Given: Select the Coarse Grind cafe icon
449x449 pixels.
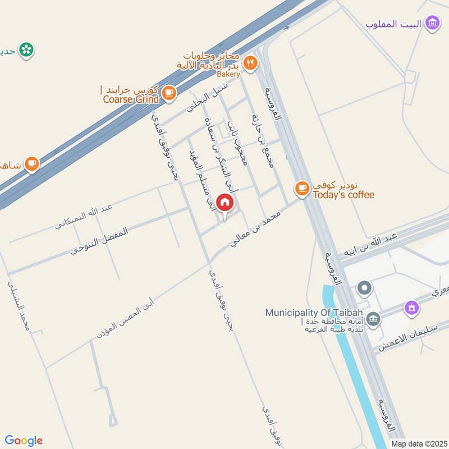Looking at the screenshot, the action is point(168,92).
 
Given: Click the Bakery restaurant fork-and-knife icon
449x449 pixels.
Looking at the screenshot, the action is point(251,64).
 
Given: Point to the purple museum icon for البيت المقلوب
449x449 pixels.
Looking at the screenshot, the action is point(432,23).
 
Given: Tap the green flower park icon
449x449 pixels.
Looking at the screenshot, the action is point(25,50).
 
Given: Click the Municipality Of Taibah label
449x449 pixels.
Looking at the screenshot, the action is point(314,313).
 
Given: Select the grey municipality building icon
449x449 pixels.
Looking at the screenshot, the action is point(373,320).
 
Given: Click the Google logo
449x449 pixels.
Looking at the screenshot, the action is point(24,441).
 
